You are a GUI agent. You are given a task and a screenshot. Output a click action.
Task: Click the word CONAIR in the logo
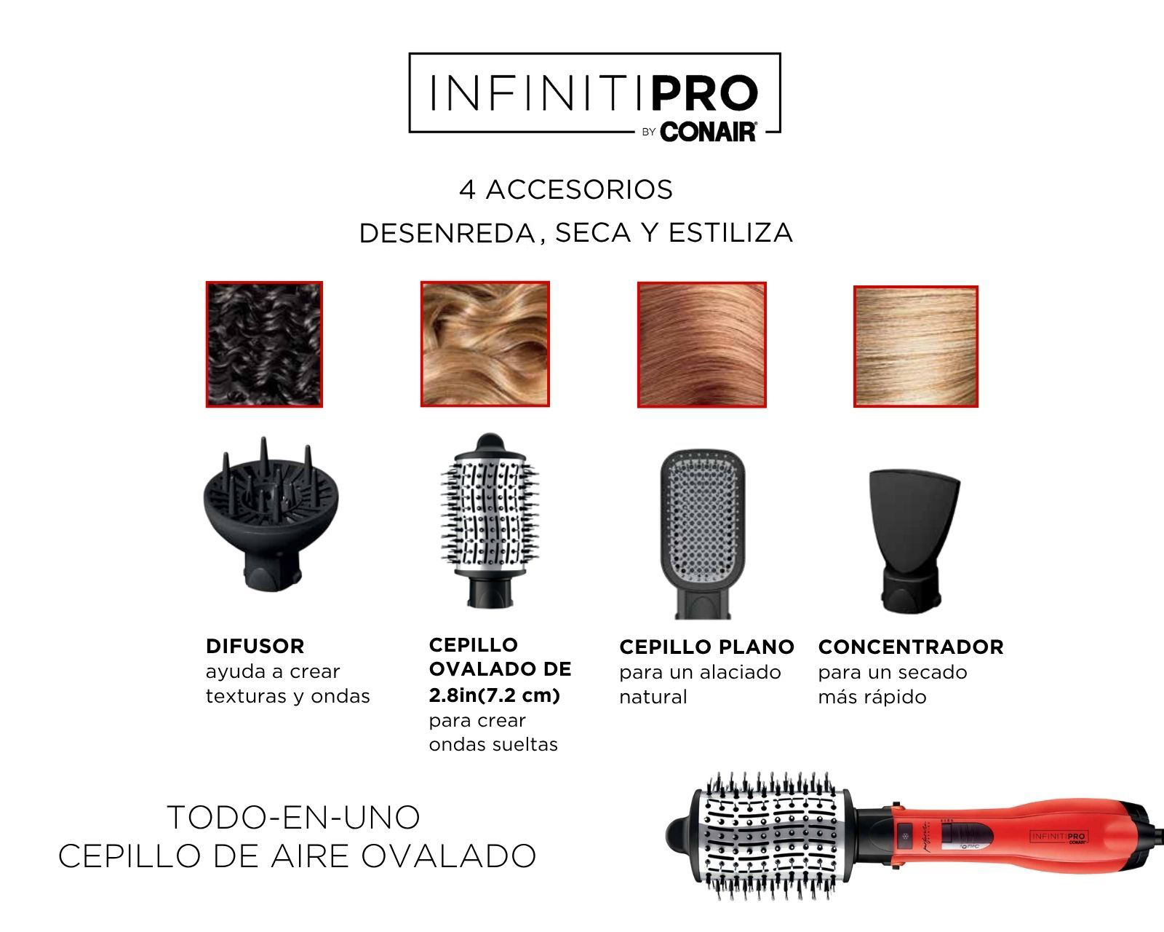click(x=708, y=132)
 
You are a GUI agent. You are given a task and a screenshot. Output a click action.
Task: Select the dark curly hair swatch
click(x=264, y=344)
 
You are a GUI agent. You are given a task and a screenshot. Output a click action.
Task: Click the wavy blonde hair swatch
click(x=485, y=344)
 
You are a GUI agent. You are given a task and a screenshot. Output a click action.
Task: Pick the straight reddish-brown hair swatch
click(x=701, y=344)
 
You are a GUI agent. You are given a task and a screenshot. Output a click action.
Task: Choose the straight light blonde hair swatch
click(x=915, y=347)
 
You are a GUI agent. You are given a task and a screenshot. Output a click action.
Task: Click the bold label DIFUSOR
click(x=255, y=646)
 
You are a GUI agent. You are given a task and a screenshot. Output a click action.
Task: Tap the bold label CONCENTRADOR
click(x=911, y=647)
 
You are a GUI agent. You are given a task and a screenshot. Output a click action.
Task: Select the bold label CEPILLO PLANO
click(x=706, y=647)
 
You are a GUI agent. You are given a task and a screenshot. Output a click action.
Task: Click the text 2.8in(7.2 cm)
click(x=494, y=695)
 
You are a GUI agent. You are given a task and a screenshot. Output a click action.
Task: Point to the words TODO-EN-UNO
click(x=294, y=817)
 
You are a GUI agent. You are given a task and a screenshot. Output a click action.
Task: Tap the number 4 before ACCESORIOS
click(x=467, y=190)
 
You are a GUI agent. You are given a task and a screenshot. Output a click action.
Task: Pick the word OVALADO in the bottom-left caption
click(x=448, y=856)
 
